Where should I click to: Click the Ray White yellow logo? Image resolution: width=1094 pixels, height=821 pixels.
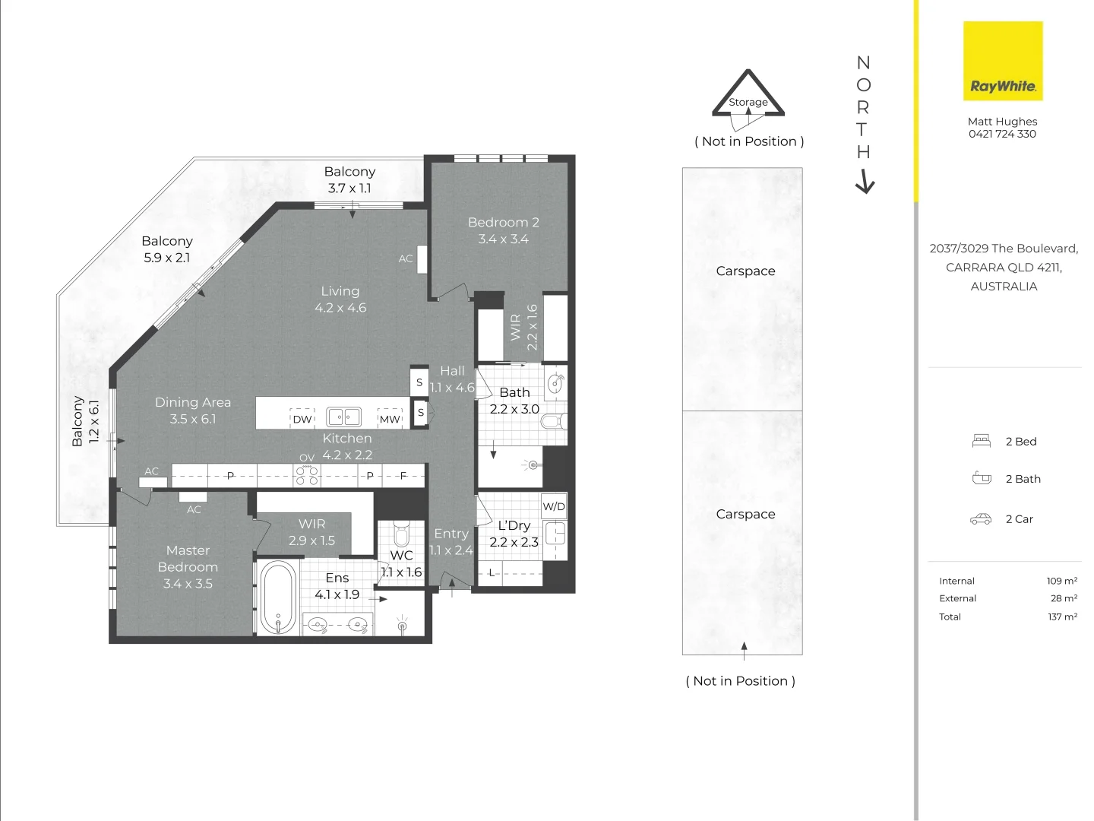pos(1002,61)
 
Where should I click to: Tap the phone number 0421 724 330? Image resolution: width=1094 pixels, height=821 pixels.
pos(1002,134)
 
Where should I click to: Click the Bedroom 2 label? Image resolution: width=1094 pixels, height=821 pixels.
pos(504,222)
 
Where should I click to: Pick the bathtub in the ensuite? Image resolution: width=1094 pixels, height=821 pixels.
pos(277,598)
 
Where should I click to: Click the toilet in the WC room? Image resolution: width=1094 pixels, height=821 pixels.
pos(401,534)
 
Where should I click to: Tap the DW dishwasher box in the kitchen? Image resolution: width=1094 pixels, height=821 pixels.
pos(302,418)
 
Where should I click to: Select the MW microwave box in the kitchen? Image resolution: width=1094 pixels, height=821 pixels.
pos(389,418)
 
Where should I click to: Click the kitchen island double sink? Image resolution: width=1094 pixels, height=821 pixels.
pos(344,417)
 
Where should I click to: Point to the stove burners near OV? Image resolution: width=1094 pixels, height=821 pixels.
pos(306,474)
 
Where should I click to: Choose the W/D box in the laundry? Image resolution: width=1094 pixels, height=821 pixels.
pos(554,506)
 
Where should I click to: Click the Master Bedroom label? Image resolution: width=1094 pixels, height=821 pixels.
pos(188,559)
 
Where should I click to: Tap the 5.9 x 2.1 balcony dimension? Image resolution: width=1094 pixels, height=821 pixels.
pos(167,258)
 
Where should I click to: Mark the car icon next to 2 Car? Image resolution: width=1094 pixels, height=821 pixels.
pos(980,519)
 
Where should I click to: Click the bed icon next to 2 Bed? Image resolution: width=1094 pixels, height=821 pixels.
pos(981,441)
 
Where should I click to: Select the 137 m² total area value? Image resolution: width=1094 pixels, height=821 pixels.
pos(1063,617)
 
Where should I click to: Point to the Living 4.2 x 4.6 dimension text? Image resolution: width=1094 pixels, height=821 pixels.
pos(340,308)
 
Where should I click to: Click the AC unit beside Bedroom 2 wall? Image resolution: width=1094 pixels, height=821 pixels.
pos(422,259)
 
